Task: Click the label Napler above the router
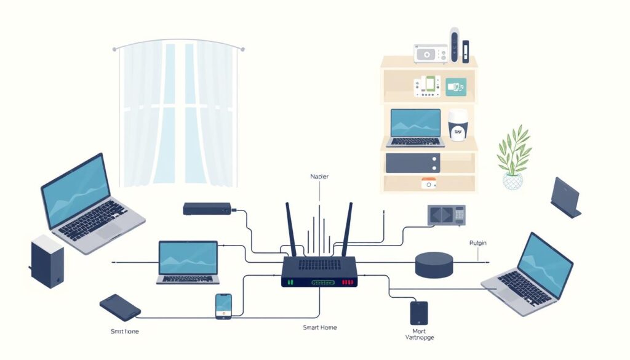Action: click(x=319, y=177)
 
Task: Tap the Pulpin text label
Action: click(x=477, y=243)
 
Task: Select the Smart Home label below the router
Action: click(x=319, y=327)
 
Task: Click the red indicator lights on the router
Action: click(x=349, y=282)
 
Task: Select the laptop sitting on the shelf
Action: click(x=415, y=128)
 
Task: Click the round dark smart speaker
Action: click(x=434, y=264)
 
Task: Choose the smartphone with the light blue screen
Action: click(x=223, y=306)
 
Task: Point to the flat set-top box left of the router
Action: click(x=207, y=209)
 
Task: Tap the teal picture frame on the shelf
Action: click(x=456, y=87)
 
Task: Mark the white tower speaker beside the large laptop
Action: click(x=47, y=261)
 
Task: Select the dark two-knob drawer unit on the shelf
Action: click(x=413, y=163)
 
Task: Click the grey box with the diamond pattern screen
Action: click(x=446, y=215)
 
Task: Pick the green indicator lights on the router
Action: click(x=291, y=282)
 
